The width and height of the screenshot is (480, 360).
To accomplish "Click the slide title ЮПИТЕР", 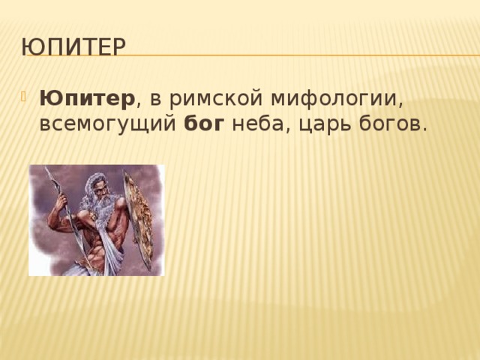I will pos(74,47).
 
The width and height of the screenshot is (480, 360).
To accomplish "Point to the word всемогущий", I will pos(109,124).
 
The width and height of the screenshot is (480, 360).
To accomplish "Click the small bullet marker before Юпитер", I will pos(28,97).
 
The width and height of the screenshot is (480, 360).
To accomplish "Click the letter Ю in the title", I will pos(31,47).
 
